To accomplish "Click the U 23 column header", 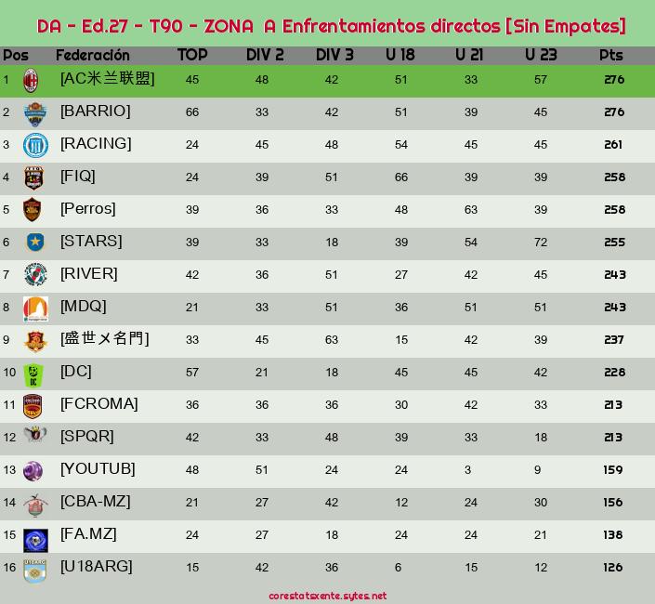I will coord(540,55).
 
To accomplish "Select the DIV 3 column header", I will coord(334,55).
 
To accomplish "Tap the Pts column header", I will coord(611,55).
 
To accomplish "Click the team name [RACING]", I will coord(96,144).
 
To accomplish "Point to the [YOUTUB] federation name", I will coord(98,469).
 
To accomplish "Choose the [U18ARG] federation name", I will coord(97,567).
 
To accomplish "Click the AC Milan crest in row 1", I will coord(32,80).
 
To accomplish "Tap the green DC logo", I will coord(35,373).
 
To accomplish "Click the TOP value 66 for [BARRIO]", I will coord(192,112).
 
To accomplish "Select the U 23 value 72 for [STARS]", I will coord(541,243).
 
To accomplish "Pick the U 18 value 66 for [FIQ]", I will coord(401,177).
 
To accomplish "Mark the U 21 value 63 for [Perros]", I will coord(471,210).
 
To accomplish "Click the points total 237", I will coord(613,340).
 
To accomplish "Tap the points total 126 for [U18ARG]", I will coord(613,568).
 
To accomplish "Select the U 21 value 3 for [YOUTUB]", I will coord(468,470).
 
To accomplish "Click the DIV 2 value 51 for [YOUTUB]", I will coord(262,470).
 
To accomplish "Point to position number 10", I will coord(9,373).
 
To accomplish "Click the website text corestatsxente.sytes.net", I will coord(327,596).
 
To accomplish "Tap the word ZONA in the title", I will coord(227,25).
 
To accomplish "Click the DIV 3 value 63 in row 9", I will coord(332,340).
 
